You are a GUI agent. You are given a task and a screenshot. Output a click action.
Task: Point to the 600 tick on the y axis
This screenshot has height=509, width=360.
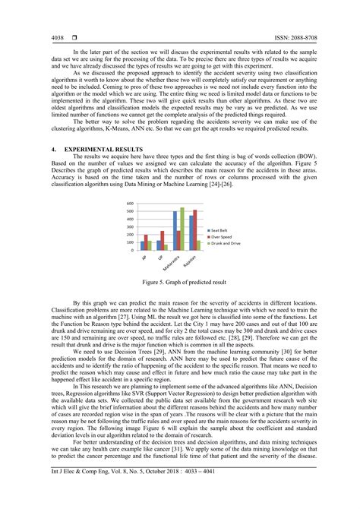pyautogui.click(x=129, y=204)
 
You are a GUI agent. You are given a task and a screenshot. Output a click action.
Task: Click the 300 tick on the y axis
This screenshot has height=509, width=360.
pyautogui.click(x=129, y=227)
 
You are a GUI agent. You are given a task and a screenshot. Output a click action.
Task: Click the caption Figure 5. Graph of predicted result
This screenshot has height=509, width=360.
pyautogui.click(x=179, y=281)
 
